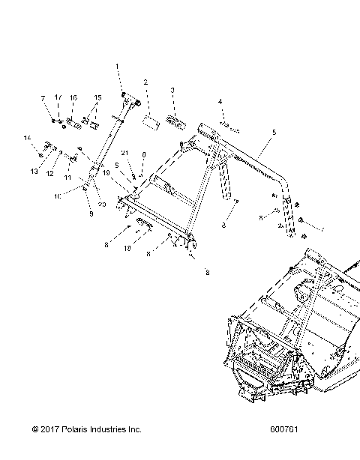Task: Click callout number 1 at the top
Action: coord(117,67)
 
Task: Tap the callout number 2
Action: coord(145,82)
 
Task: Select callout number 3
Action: coord(172,90)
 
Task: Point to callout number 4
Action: coord(220,101)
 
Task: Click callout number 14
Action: coord(26,138)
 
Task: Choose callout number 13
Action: coord(33,172)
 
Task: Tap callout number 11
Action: coord(67,178)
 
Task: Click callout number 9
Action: coord(91,214)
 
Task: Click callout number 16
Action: coord(73,98)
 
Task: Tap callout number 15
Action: coord(97,98)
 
